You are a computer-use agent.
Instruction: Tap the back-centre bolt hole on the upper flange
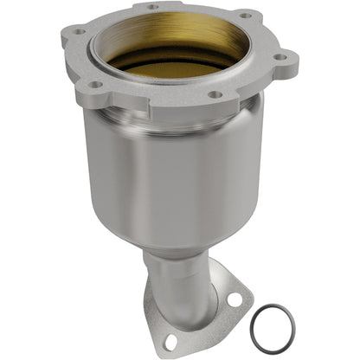click(153, 8)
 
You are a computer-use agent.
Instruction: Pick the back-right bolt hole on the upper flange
click(245, 16)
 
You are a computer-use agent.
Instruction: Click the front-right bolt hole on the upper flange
click(214, 94)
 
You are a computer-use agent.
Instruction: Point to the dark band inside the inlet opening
click(173, 63)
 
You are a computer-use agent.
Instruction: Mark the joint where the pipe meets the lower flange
click(186, 299)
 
